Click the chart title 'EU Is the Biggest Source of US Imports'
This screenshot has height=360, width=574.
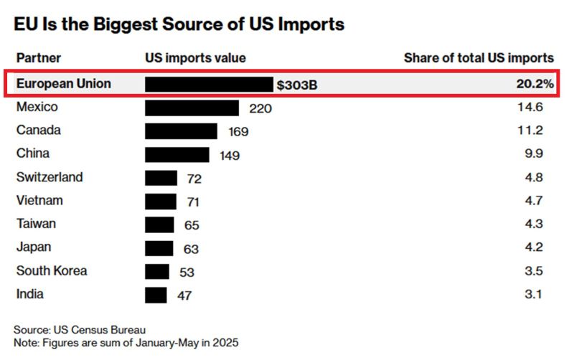tap(179, 24)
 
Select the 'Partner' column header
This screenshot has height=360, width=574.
tap(39, 58)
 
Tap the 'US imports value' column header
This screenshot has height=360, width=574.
tap(195, 58)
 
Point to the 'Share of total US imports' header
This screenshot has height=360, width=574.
tap(479, 58)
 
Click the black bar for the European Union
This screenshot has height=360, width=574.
tap(209, 85)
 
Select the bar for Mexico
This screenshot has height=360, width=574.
tap(192, 108)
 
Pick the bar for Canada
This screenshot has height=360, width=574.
tap(181, 131)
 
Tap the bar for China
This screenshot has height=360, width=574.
tap(177, 154)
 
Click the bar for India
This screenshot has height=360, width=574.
tap(156, 295)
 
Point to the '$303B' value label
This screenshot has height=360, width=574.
tap(297, 85)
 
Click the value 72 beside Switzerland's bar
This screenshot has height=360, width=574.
tap(194, 179)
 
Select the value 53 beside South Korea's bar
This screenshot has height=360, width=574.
tap(187, 273)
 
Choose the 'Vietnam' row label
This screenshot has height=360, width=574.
tap(39, 201)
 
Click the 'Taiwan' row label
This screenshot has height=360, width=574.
tap(36, 224)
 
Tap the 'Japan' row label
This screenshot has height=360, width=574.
tap(34, 247)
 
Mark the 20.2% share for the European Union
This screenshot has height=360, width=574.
tap(535, 85)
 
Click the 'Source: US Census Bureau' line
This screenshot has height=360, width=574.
tap(80, 330)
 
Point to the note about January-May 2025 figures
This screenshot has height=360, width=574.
tap(126, 343)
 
